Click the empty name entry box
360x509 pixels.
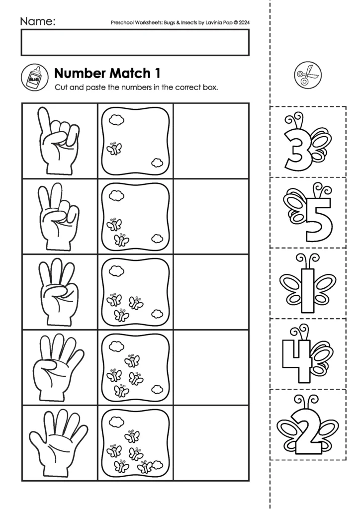point(135,42)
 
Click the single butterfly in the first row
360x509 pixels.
point(114,148)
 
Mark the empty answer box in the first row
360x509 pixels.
point(211,141)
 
